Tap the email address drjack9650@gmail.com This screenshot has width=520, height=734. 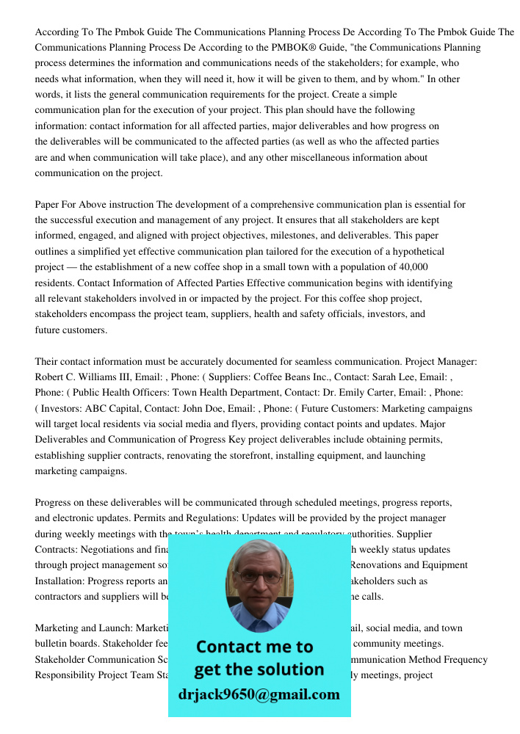pyautogui.click(x=259, y=694)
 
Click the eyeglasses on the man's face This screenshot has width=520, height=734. pyautogui.click(x=259, y=578)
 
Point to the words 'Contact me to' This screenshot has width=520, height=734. pyautogui.click(x=255, y=647)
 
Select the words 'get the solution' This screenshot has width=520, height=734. pyautogui.click(x=259, y=669)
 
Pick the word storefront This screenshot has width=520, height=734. pyautogui.click(x=244, y=456)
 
